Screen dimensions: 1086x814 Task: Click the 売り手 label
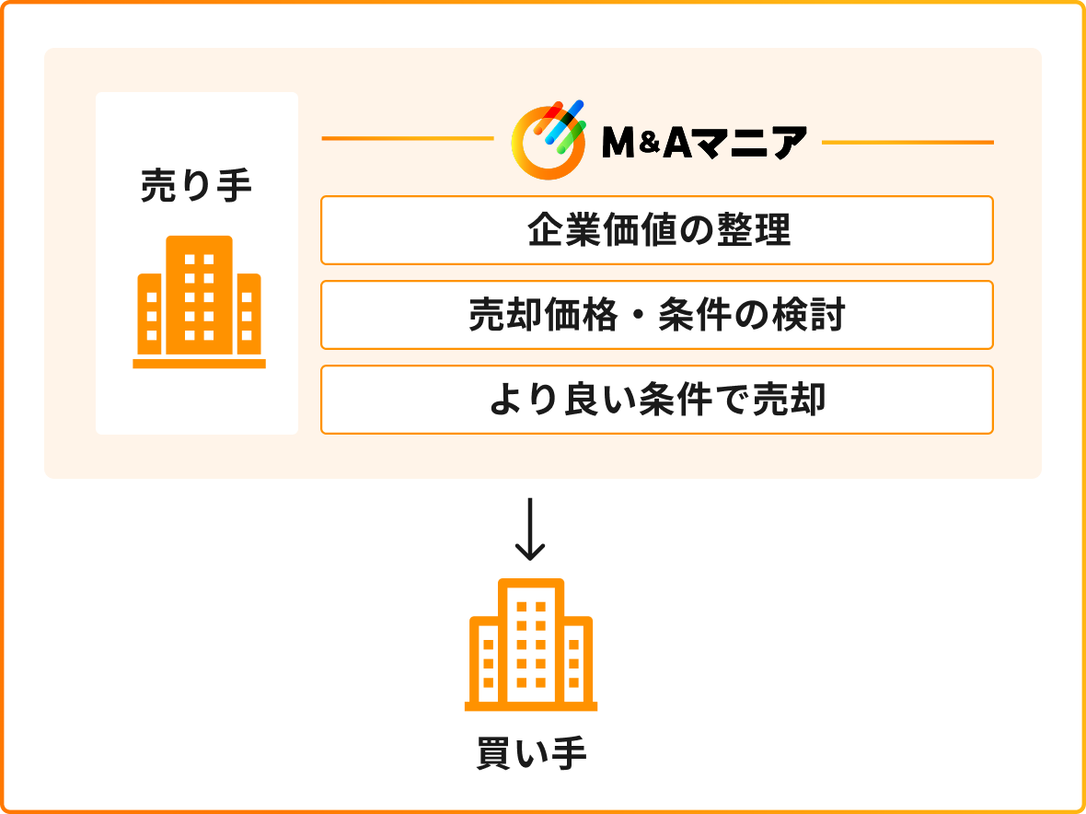tap(196, 187)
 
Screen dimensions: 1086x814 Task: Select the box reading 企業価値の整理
tap(656, 230)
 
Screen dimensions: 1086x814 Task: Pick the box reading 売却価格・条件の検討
tap(656, 315)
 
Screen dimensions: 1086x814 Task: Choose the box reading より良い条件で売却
tap(656, 400)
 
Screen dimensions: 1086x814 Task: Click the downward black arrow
tap(530, 529)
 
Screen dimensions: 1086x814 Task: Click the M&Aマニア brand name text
tap(704, 143)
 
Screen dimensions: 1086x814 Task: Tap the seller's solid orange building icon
tap(200, 302)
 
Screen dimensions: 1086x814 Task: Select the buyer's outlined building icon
tap(530, 645)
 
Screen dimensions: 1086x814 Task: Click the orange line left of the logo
tap(407, 138)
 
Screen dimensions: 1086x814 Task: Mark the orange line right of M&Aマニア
tap(907, 143)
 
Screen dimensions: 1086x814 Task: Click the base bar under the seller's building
tap(200, 364)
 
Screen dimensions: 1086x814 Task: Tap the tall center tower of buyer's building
tap(530, 642)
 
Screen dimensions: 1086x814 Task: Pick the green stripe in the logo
tap(572, 137)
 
